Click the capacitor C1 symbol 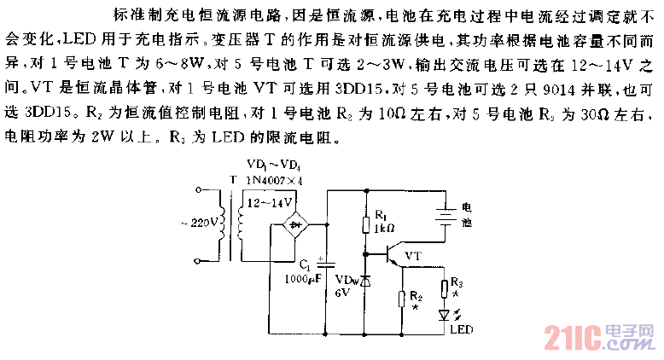(x=328, y=264)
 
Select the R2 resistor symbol (x=402, y=299)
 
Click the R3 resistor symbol (x=444, y=289)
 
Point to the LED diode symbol (x=444, y=313)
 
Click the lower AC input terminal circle (x=201, y=257)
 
